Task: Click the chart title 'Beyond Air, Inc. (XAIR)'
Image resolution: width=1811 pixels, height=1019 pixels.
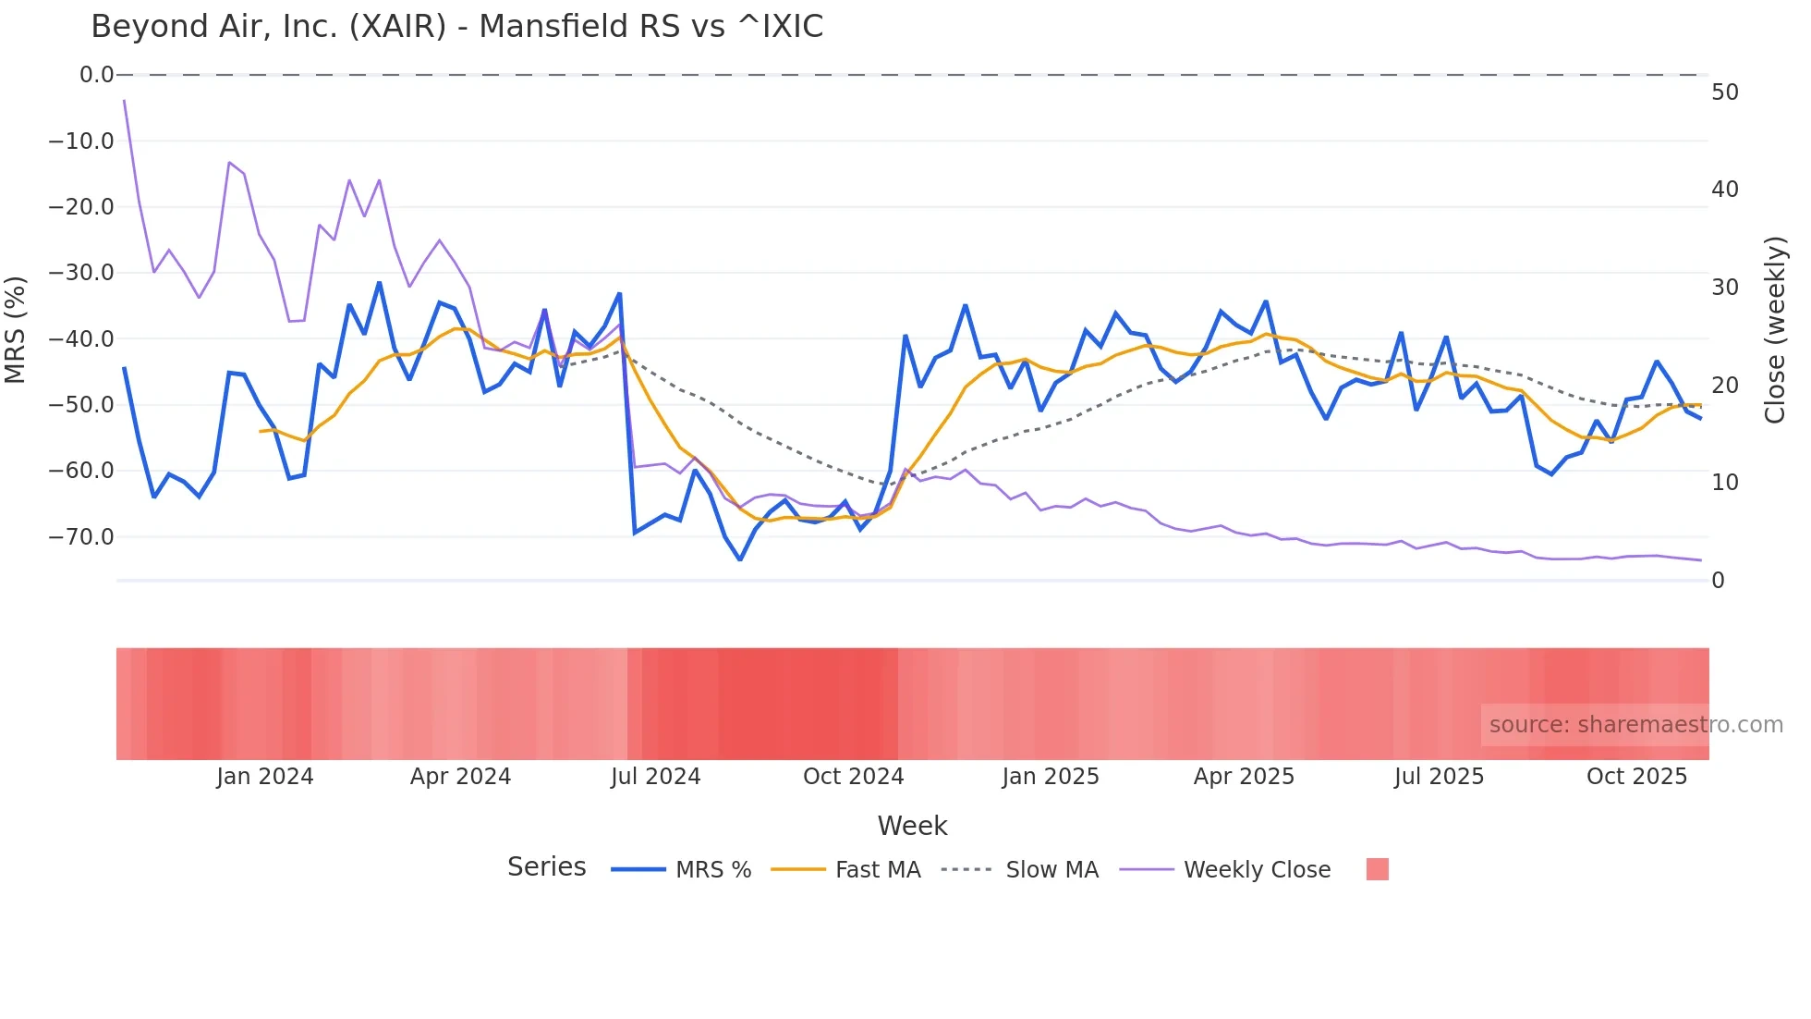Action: (456, 27)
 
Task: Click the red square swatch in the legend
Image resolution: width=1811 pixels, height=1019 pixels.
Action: (1377, 869)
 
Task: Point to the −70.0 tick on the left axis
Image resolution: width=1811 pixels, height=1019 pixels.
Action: (81, 537)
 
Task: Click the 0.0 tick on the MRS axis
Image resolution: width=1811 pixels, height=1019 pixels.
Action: (96, 75)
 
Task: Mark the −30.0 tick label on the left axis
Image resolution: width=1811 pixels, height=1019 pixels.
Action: (81, 273)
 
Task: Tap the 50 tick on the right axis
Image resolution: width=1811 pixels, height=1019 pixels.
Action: (1724, 92)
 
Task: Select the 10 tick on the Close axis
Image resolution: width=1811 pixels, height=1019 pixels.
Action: (1724, 483)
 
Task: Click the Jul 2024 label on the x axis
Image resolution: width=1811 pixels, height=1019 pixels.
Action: (655, 777)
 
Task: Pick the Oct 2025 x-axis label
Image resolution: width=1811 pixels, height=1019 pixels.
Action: (1636, 777)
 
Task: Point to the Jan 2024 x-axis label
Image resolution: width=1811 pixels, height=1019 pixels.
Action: (265, 777)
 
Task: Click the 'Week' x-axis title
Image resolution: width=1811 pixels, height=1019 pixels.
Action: (912, 826)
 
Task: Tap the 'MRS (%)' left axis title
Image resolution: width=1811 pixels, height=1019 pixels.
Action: (16, 329)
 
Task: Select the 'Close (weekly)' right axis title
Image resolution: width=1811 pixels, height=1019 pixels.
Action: (1775, 330)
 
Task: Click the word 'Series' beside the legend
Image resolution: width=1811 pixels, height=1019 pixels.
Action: (546, 867)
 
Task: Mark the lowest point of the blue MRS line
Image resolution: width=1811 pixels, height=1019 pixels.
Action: (740, 559)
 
